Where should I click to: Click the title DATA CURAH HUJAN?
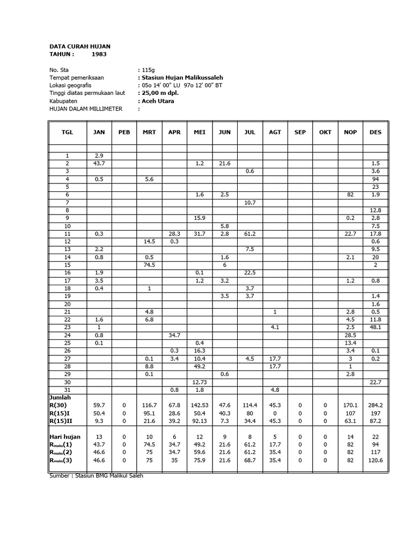(x=79, y=47)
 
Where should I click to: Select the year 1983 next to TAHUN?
(x=99, y=54)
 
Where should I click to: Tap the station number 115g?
(x=147, y=70)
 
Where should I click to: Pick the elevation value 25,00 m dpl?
(x=160, y=93)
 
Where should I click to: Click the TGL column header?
(x=68, y=132)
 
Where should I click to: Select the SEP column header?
(x=300, y=132)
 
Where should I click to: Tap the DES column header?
(x=376, y=132)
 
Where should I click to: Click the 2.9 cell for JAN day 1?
(x=99, y=155)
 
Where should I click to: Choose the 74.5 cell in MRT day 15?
(x=149, y=265)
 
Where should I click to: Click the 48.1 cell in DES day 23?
(x=376, y=327)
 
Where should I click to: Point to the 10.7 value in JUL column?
(x=250, y=202)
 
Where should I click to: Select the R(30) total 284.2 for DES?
(x=376, y=406)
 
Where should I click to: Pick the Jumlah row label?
(x=60, y=398)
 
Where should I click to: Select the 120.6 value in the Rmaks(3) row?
(x=376, y=461)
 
